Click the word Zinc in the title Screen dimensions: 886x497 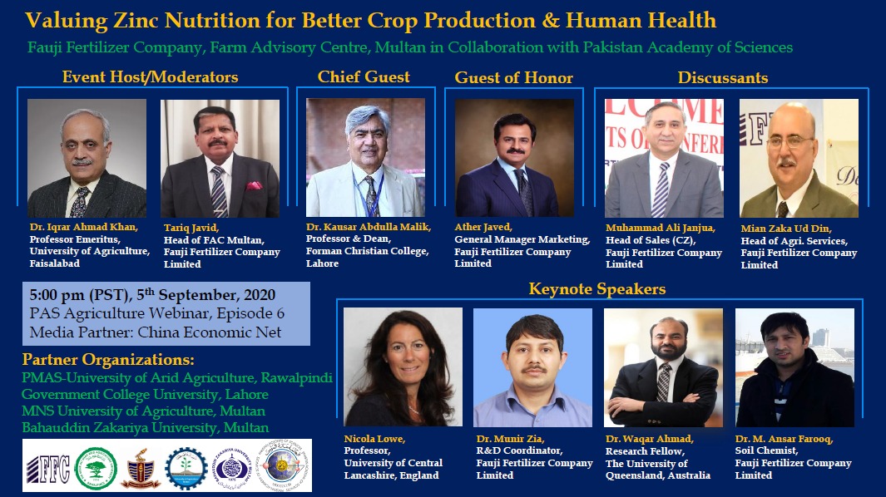[136, 21]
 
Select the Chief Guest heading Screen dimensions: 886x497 [364, 76]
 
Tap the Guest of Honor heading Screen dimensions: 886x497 [513, 77]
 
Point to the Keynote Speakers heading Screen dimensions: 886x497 [597, 289]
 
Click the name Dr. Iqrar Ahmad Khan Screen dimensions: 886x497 [84, 227]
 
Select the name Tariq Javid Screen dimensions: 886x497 [191, 228]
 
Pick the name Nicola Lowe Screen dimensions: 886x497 [374, 438]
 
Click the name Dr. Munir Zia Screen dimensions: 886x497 [510, 438]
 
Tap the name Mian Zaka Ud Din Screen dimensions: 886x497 [786, 229]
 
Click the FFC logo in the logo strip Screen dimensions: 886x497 [48, 469]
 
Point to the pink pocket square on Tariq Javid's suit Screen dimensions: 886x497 [254, 185]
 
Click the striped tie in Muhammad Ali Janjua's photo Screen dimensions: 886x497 [661, 189]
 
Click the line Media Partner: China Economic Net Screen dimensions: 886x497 [156, 332]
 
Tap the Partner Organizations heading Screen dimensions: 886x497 [108, 360]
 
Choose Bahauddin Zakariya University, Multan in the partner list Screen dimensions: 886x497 [146, 427]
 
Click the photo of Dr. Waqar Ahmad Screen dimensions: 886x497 [663, 367]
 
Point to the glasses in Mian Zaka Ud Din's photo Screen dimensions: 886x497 [790, 141]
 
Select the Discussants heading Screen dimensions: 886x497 [723, 77]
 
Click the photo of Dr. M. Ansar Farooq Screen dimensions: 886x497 [794, 367]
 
